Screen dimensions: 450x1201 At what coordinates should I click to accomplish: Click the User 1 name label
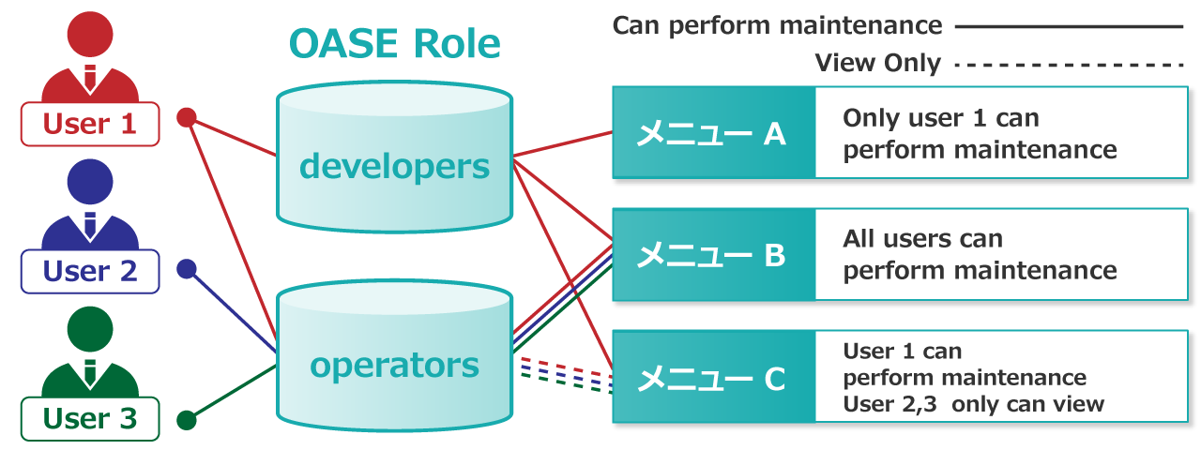[x=90, y=124]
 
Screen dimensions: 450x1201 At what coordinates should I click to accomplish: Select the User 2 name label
[x=90, y=271]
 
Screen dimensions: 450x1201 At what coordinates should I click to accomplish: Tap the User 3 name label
[x=90, y=418]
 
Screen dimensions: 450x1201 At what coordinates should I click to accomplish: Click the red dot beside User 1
[x=187, y=117]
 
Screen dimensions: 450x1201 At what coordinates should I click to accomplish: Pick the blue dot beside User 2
[x=187, y=270]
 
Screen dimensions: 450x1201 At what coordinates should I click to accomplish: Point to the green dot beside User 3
[x=187, y=419]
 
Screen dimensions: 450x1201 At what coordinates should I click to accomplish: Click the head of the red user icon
[x=90, y=35]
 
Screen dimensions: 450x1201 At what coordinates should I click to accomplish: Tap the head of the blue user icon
[x=90, y=182]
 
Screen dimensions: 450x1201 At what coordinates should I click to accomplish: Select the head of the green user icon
[x=90, y=329]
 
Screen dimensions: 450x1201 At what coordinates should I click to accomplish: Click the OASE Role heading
[x=394, y=44]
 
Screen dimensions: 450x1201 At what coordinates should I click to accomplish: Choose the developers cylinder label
[x=394, y=167]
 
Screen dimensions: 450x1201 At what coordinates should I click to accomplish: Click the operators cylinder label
[x=394, y=365]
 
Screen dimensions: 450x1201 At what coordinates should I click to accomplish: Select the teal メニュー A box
[x=712, y=133]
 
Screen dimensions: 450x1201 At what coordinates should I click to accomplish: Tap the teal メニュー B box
[x=712, y=255]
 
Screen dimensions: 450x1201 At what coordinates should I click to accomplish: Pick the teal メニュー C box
[x=712, y=378]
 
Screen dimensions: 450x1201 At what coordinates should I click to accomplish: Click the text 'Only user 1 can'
[x=941, y=118]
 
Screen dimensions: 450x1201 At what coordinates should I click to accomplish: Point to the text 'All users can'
[x=922, y=239]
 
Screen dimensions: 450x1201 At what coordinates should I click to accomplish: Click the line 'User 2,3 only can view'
[x=973, y=404]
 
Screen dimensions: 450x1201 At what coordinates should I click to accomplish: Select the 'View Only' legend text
[x=877, y=64]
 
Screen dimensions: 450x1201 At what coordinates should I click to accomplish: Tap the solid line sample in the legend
[x=1070, y=26]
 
